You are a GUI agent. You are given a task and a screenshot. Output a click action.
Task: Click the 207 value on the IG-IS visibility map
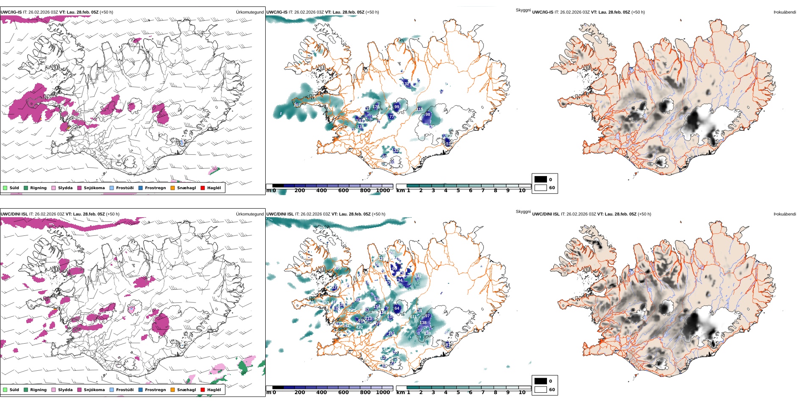pyautogui.click(x=297, y=105)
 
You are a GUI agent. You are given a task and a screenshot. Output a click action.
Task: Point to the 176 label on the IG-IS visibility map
pyautogui.click(x=376, y=107)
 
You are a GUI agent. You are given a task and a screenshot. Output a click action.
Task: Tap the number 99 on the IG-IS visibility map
pyautogui.click(x=397, y=107)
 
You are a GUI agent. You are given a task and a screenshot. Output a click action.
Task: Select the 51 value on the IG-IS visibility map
pyautogui.click(x=449, y=144)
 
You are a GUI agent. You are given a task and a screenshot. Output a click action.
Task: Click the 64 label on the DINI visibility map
pyautogui.click(x=397, y=308)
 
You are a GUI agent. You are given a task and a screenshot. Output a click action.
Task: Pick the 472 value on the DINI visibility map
pyautogui.click(x=359, y=327)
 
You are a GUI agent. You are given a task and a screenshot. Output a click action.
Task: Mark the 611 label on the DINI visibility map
pyautogui.click(x=414, y=317)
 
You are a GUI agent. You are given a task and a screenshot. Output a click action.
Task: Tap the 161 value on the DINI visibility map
pyautogui.click(x=391, y=333)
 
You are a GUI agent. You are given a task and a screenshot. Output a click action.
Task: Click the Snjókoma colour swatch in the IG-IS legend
pyautogui.click(x=80, y=188)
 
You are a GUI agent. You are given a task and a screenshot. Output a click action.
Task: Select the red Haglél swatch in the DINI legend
pyautogui.click(x=203, y=390)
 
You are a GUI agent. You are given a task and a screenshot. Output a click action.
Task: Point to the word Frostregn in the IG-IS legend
pyautogui.click(x=155, y=188)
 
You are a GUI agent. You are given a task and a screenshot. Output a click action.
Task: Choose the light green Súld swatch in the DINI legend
pyautogui.click(x=5, y=390)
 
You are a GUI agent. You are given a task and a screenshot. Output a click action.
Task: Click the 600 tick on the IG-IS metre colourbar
pyautogui.click(x=343, y=190)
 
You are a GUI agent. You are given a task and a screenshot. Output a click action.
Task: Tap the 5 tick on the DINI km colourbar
pyautogui.click(x=458, y=392)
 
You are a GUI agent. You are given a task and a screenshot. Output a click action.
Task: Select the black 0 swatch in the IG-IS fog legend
pyautogui.click(x=541, y=179)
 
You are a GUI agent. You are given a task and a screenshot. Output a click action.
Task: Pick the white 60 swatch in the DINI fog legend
pyautogui.click(x=541, y=389)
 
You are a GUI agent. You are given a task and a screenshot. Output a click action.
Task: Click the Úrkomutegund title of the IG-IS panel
pyautogui.click(x=250, y=12)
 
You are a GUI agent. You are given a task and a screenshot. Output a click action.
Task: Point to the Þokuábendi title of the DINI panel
pyautogui.click(x=785, y=214)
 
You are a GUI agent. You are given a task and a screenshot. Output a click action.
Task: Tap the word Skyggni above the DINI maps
pyautogui.click(x=523, y=212)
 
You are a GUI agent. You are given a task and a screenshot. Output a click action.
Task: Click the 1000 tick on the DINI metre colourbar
pyautogui.click(x=383, y=392)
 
